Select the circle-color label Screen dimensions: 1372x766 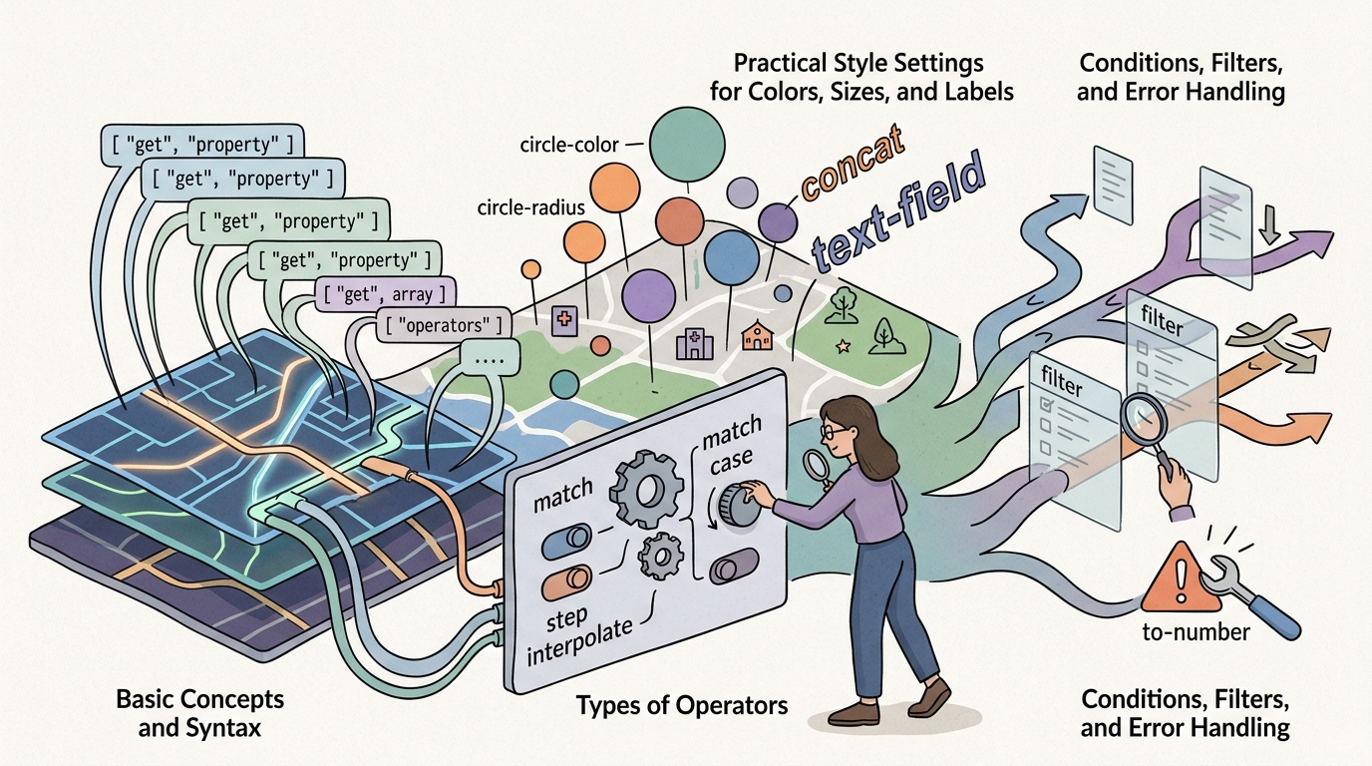pos(569,146)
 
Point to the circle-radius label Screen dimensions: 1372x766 pos(531,207)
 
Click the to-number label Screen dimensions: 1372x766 pos(1196,631)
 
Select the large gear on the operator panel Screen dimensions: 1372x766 pos(646,489)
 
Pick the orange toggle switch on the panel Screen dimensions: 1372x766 pos(566,581)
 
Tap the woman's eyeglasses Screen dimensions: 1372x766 pos(834,431)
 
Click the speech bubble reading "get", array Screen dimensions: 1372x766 pos(385,295)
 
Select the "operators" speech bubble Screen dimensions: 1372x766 pos(443,325)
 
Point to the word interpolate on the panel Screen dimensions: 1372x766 pos(579,641)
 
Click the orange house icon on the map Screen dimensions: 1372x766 pos(757,335)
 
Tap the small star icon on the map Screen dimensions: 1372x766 pos(844,347)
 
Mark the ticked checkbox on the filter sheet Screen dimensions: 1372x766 pos(1047,404)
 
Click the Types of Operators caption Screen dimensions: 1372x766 pos(682,706)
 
